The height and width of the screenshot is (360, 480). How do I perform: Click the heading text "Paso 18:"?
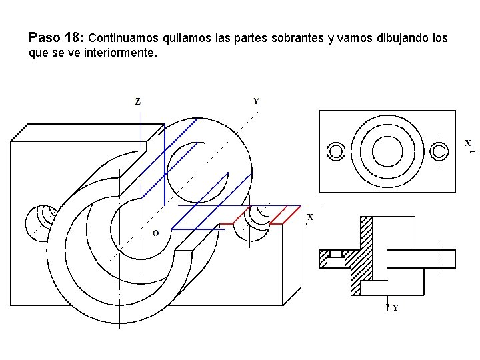[x=56, y=37]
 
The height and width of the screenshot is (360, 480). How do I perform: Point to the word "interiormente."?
[x=121, y=53]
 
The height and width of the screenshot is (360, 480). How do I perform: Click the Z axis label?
[x=138, y=101]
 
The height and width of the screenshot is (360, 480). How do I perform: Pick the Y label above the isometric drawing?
[x=256, y=101]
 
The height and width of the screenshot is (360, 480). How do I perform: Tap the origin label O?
[x=155, y=233]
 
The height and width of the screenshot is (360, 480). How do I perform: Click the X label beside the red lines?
[x=310, y=217]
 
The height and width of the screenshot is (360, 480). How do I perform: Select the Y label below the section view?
[x=395, y=307]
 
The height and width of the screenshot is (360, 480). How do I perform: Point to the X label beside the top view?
[x=468, y=143]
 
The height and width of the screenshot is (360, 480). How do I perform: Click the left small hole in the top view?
[x=336, y=151]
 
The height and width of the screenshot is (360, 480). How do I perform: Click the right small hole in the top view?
[x=439, y=151]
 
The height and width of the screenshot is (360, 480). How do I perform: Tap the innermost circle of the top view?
[x=387, y=151]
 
